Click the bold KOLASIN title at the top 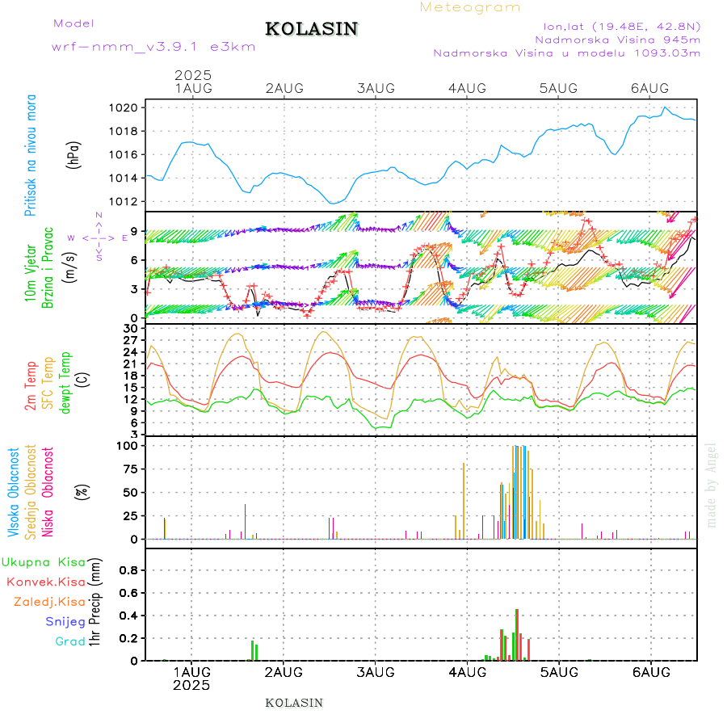pyautogui.click(x=311, y=29)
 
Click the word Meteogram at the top pyautogui.click(x=470, y=7)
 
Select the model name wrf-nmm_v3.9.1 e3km pyautogui.click(x=153, y=47)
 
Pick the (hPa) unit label pyautogui.click(x=74, y=154)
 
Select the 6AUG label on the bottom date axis pyautogui.click(x=650, y=672)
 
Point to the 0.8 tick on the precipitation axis pyautogui.click(x=131, y=569)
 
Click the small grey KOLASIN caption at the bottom pyautogui.click(x=294, y=703)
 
